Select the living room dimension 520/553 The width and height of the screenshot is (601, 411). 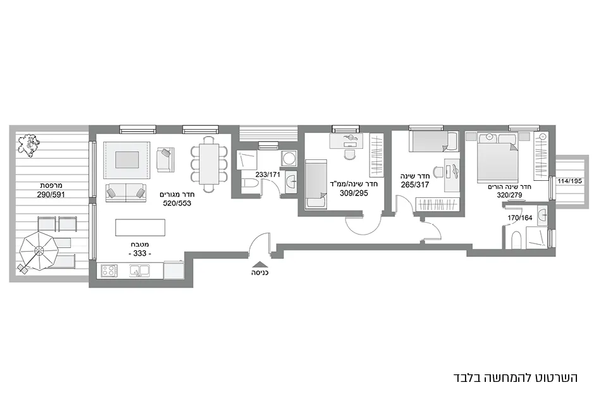pyautogui.click(x=177, y=203)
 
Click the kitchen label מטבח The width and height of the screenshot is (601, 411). pyautogui.click(x=140, y=243)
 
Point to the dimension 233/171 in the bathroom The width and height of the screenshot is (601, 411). pyautogui.click(x=268, y=174)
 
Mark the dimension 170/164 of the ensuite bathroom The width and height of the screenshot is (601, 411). pyautogui.click(x=521, y=218)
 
